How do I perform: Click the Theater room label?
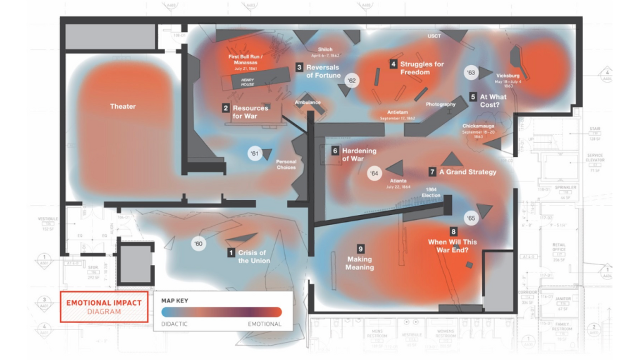pyautogui.click(x=122, y=106)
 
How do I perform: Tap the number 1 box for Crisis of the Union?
pyautogui.click(x=231, y=253)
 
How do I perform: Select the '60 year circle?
pyautogui.click(x=199, y=243)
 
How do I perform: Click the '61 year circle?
pyautogui.click(x=254, y=153)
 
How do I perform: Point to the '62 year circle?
pyautogui.click(x=352, y=81)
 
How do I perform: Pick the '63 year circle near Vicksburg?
pyautogui.click(x=471, y=73)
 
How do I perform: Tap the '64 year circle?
pyautogui.click(x=374, y=173)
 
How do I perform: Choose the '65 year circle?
pyautogui.click(x=471, y=218)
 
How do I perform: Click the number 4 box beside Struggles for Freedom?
pyautogui.click(x=393, y=64)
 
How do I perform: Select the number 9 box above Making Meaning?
pyautogui.click(x=360, y=248)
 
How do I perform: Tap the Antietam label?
pyautogui.click(x=399, y=114)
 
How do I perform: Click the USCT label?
pyautogui.click(x=434, y=36)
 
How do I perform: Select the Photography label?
pyautogui.click(x=441, y=104)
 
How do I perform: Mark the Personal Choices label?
pyautogui.click(x=286, y=164)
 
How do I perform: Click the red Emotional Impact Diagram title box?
pyautogui.click(x=104, y=307)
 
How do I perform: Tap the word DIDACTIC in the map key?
pyautogui.click(x=174, y=324)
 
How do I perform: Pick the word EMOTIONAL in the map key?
pyautogui.click(x=264, y=324)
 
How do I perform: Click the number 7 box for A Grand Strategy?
pyautogui.click(x=432, y=171)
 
